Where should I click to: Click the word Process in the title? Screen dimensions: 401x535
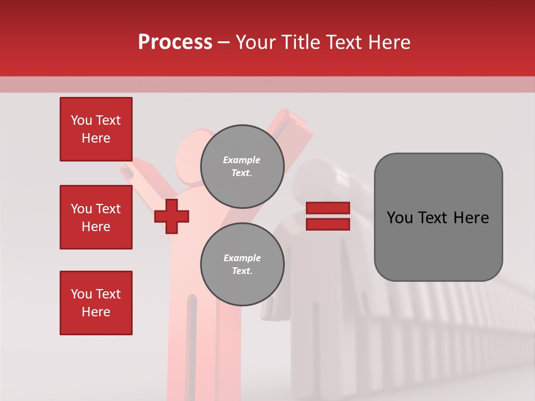[175, 42]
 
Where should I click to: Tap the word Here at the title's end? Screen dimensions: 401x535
[386, 42]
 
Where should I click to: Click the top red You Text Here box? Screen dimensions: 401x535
[96, 129]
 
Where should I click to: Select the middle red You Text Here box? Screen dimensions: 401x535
[96, 217]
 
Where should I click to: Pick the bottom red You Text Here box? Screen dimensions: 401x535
[96, 303]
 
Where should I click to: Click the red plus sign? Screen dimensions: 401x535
[172, 216]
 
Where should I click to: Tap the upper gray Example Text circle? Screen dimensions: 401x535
[242, 166]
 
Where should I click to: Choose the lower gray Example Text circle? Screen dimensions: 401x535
[242, 264]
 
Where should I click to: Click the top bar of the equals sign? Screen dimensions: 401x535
[328, 208]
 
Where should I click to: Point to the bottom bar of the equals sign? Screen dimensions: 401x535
[328, 224]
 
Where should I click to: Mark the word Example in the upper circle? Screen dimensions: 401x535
[242, 160]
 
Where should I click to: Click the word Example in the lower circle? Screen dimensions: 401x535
[242, 258]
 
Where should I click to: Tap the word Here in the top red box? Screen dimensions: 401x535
[96, 138]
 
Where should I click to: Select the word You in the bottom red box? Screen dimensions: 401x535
[81, 294]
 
